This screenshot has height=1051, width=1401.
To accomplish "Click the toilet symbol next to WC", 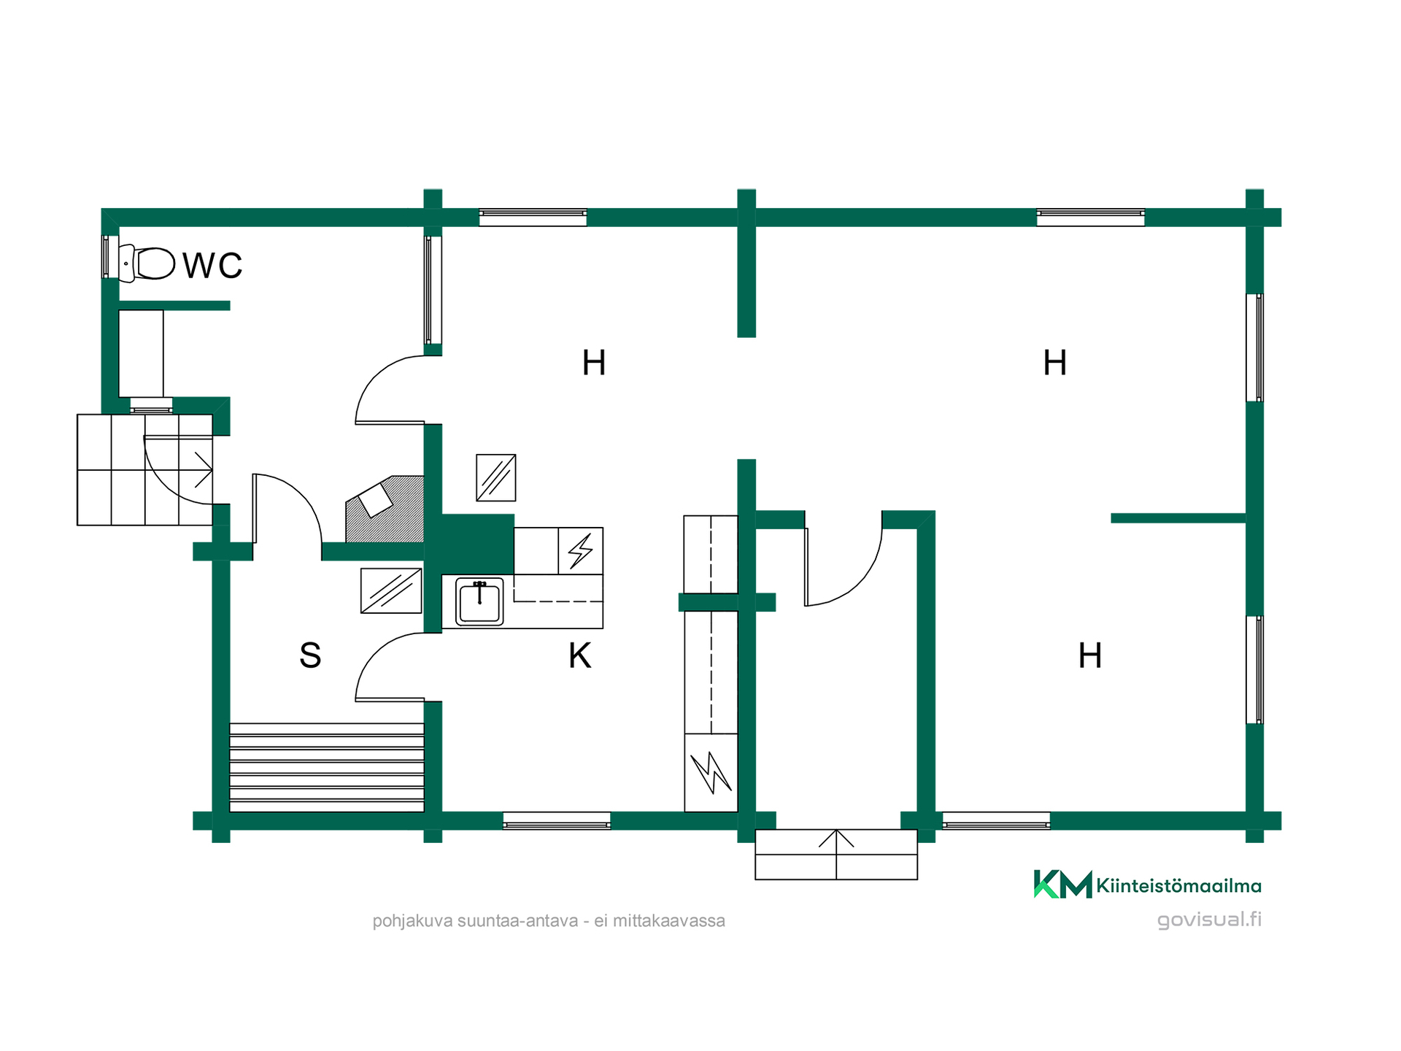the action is coord(147,263).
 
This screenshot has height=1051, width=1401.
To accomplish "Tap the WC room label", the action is coord(212,266).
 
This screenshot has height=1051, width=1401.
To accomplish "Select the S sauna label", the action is coord(310,655).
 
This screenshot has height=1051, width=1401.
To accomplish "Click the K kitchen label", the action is coord(580,656).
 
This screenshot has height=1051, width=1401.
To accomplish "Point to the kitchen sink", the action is coord(479,601).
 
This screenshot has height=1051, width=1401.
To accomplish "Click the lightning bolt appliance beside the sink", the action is coord(581,550).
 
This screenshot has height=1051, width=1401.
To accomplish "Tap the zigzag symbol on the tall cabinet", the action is coord(711,773).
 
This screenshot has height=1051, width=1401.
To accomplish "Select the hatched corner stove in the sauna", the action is coord(385,509).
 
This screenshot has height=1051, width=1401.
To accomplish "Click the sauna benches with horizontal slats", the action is coord(327,767).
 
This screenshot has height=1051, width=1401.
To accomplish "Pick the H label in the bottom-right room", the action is coord(1090,656).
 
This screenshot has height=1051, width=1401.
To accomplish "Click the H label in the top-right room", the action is coord(1055,363).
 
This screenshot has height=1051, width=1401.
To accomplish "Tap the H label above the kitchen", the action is coord(594,363).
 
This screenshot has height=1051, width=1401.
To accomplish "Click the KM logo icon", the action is coord(1063,884).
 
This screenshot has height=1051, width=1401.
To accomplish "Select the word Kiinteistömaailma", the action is coord(1178,886).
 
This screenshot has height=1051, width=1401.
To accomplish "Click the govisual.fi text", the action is coord(1209,920).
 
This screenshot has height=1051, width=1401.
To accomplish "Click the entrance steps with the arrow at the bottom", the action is coord(836,854).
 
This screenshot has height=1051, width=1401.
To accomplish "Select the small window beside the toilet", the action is coord(106,256).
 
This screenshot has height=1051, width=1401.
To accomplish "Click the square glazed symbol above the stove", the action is coord(496,478).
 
